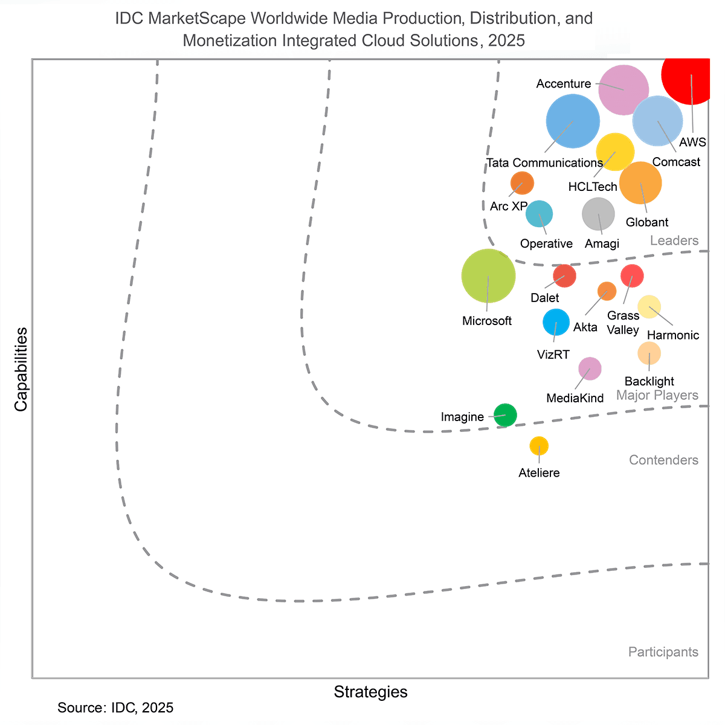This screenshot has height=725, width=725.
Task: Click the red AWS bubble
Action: [689, 75]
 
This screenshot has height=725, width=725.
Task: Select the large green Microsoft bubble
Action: [488, 275]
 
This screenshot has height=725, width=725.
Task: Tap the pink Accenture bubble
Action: [623, 89]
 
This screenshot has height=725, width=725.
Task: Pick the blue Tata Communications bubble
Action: [573, 121]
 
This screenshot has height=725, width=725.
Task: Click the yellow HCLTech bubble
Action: [615, 152]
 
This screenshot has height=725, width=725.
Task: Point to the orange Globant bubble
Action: [640, 183]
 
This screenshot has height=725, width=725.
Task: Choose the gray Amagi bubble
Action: [598, 214]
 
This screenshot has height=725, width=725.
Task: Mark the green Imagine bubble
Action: [505, 415]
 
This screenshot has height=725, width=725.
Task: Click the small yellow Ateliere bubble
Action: [539, 446]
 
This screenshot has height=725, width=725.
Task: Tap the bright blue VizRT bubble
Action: [556, 322]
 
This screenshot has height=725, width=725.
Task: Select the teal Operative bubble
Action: [539, 213]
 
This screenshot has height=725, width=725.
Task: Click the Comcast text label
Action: [676, 162]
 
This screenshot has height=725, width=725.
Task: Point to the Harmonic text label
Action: [672, 335]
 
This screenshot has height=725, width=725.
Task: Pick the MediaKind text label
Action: [575, 398]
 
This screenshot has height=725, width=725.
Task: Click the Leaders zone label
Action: [674, 240]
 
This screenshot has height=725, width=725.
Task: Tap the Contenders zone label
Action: [663, 460]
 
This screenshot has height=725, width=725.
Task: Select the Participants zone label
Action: [663, 652]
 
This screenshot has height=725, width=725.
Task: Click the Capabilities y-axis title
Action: [21, 369]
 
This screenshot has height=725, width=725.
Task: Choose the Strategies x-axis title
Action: [370, 692]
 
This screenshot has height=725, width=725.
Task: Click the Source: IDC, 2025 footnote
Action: [115, 707]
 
